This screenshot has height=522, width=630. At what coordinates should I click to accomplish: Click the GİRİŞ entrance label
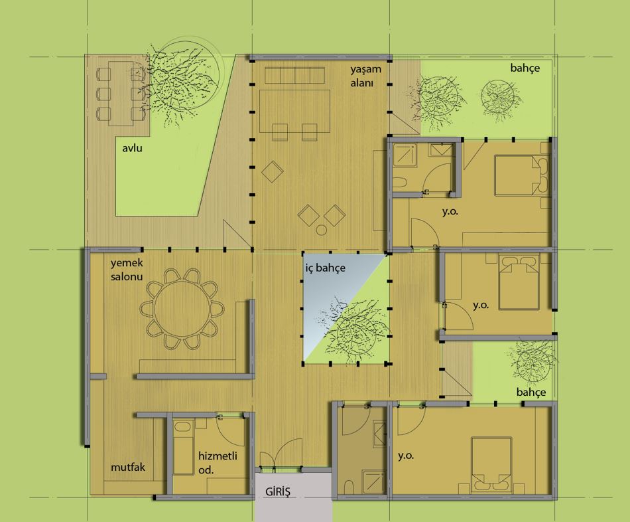278,491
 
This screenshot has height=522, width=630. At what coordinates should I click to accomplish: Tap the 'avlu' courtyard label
132,148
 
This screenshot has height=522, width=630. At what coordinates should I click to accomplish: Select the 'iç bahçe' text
325,268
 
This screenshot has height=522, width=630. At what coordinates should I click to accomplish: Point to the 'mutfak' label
128,468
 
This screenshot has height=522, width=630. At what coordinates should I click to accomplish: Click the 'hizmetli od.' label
218,462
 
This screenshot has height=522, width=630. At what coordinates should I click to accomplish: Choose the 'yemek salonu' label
127,270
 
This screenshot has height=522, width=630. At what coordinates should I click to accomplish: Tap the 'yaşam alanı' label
365,76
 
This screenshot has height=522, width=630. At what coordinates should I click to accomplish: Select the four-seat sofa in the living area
294,75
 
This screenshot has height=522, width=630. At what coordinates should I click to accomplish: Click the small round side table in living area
322,230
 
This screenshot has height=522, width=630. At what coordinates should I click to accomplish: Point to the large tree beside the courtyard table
184,82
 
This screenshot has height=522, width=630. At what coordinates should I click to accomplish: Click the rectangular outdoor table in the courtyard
121,94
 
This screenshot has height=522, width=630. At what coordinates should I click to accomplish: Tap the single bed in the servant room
183,448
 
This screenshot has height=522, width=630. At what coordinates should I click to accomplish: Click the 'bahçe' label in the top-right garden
525,68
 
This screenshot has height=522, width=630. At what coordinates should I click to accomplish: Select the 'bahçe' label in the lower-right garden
531,392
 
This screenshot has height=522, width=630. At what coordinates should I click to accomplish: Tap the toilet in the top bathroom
400,183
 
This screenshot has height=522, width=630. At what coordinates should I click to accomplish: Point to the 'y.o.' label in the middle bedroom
481,305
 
